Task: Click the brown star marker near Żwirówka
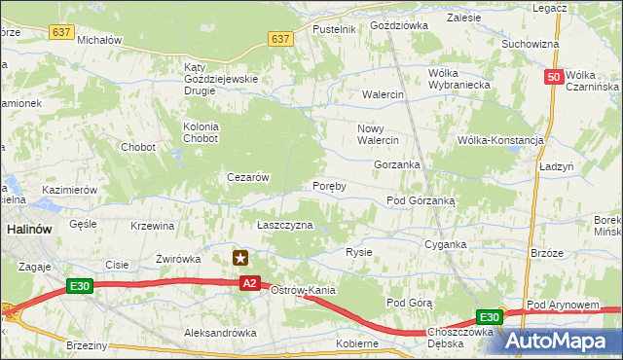[240, 258]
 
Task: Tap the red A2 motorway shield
[249, 282]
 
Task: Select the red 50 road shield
[553, 77]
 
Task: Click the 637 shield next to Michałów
[62, 32]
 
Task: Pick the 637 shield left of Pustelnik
[280, 39]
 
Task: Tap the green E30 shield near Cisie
[80, 285]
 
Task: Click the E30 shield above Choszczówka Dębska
[489, 317]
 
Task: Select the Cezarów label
[247, 177]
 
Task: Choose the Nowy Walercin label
[379, 134]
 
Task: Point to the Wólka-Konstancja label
[499, 140]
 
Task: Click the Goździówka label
[398, 25]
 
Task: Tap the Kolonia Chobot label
[201, 132]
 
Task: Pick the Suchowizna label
[530, 44]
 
